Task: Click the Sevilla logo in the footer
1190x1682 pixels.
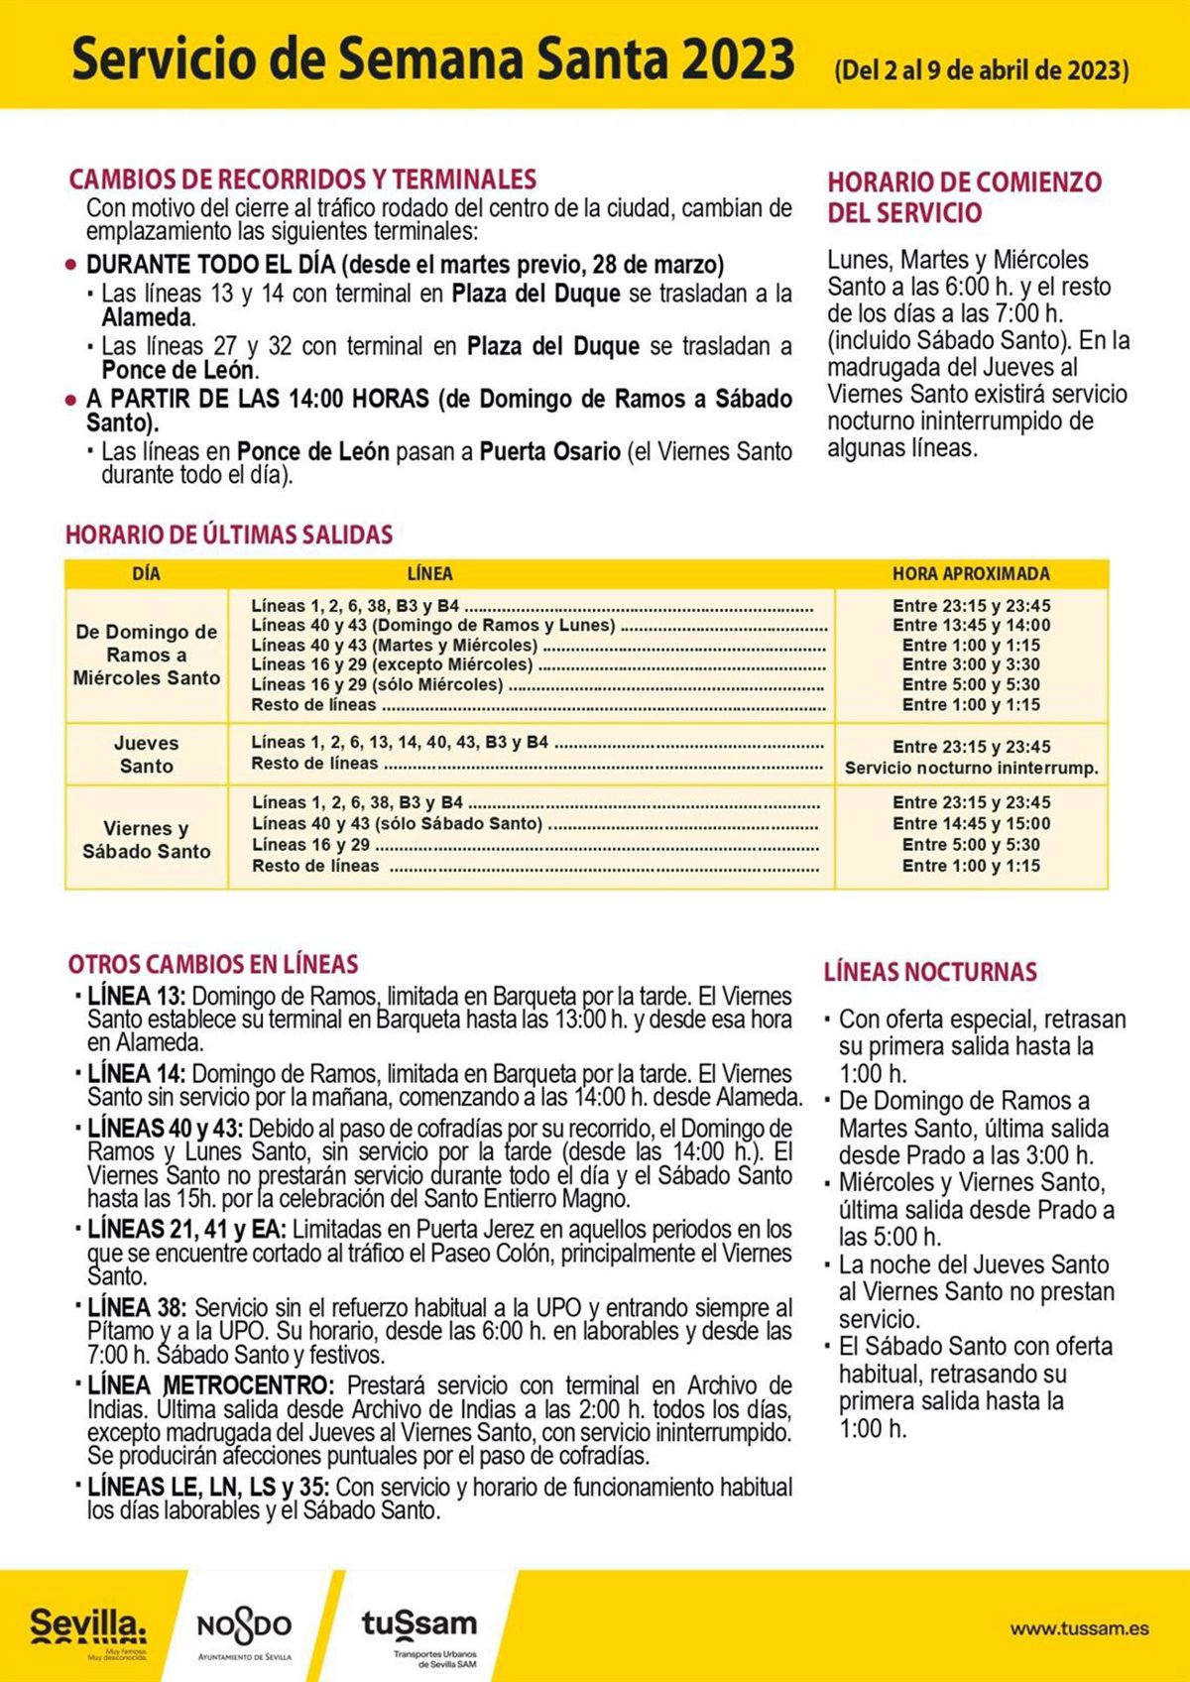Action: (x=87, y=1626)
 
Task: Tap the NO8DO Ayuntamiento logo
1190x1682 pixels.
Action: (x=244, y=1626)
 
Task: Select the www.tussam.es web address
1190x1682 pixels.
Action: (x=1079, y=1628)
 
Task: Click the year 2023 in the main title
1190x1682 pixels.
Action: (x=738, y=60)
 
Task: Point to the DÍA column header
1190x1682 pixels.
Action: (x=146, y=573)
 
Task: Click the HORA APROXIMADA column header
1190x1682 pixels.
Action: (x=970, y=573)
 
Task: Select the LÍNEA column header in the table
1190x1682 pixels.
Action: (x=429, y=573)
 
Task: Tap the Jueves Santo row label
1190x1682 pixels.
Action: (x=146, y=754)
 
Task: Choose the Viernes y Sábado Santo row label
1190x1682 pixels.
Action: (x=146, y=839)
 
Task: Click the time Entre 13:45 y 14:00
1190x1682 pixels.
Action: (x=971, y=625)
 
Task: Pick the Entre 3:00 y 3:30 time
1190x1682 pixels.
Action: (x=971, y=664)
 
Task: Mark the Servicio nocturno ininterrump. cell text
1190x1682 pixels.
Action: (x=971, y=768)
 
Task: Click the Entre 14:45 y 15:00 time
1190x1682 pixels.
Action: (x=971, y=823)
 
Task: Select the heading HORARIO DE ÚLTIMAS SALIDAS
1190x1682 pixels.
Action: (x=229, y=535)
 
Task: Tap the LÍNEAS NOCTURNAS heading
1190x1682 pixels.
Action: (x=930, y=972)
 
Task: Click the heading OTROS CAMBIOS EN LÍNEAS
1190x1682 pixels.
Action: (x=213, y=964)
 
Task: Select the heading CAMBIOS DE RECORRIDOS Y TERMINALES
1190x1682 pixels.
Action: (x=302, y=180)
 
